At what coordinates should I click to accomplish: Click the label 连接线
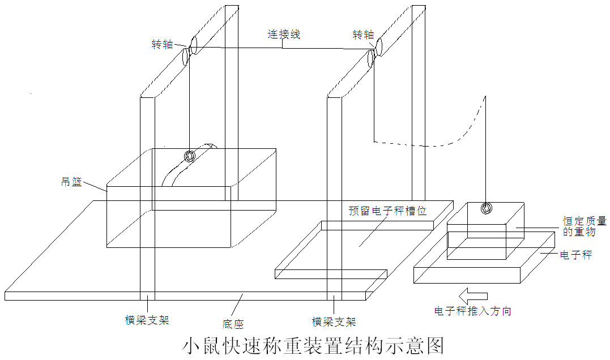point(284,34)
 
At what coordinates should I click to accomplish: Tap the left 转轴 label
point(162,44)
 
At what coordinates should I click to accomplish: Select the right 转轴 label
point(363,35)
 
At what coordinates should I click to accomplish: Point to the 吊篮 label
point(71,182)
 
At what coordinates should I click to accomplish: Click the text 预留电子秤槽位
point(388,211)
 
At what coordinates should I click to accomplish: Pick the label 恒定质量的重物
point(585,226)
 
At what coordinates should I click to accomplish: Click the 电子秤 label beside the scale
point(576,255)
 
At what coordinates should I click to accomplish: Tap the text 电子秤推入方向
point(473,311)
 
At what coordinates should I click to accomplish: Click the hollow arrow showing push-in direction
point(473,296)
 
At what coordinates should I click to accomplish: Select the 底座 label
point(233,324)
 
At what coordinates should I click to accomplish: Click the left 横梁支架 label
point(147,320)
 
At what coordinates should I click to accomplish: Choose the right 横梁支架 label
point(334,322)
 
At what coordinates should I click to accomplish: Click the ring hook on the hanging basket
point(190,156)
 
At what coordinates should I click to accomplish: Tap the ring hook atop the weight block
point(486,208)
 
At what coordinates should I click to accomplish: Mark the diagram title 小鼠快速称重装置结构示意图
point(313,346)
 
